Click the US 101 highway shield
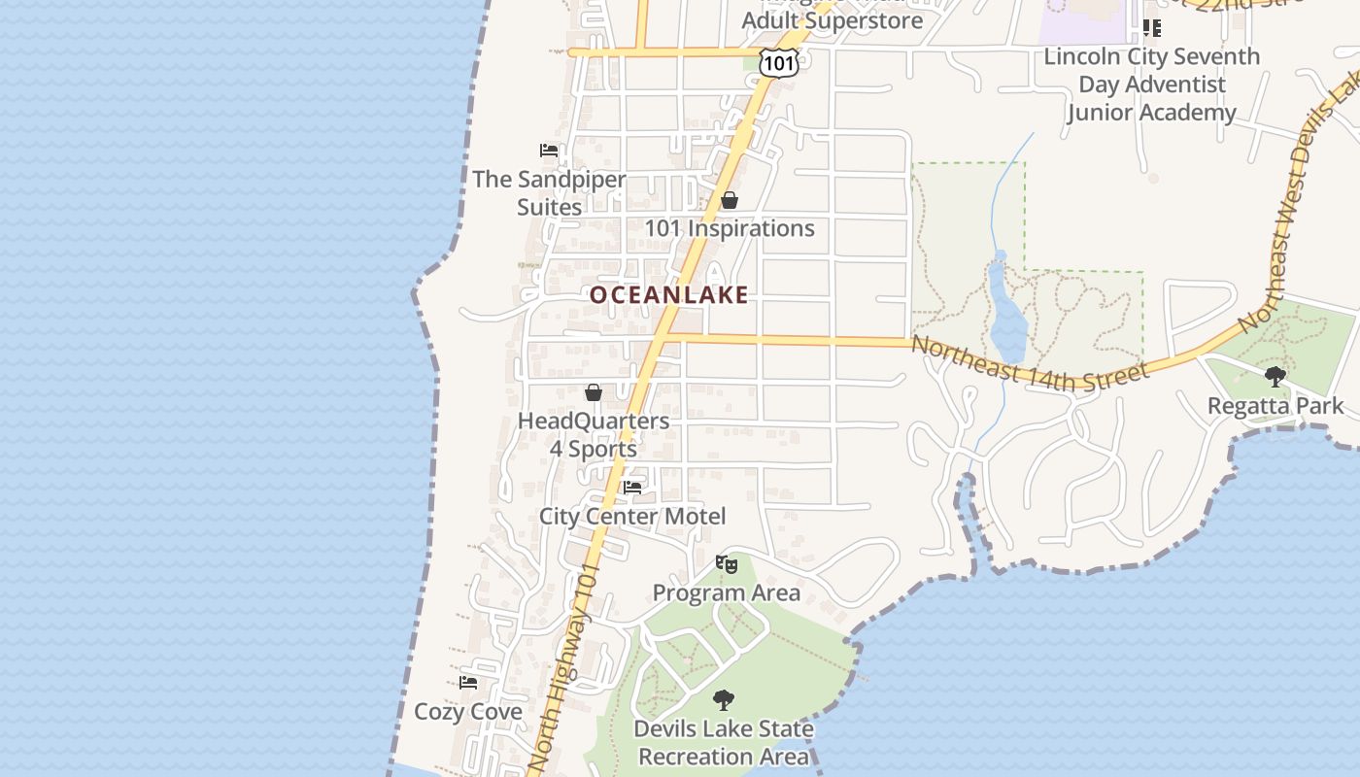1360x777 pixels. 779,64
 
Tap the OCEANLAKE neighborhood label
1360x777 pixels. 669,294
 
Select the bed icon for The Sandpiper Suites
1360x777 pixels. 549,151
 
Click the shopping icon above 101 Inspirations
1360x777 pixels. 730,200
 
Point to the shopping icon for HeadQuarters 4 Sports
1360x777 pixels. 594,392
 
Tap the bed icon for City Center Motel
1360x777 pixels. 632,487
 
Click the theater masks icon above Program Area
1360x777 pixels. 726,563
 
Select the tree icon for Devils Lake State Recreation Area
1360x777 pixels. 723,699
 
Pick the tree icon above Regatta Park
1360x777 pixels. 1275,376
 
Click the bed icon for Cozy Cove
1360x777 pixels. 468,682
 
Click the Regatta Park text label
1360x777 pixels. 1275,406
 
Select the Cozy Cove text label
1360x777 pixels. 468,712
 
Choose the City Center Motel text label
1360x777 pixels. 632,517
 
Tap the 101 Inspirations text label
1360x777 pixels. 730,229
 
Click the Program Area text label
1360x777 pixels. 727,593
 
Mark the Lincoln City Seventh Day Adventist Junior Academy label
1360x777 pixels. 1151,84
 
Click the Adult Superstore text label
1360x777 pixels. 833,20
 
